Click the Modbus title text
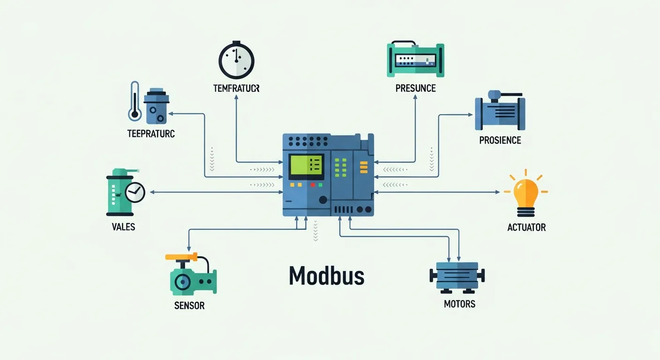pyautogui.click(x=326, y=276)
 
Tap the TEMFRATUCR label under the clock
pyautogui.click(x=236, y=88)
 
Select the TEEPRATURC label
pyautogui.click(x=151, y=134)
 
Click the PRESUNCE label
pyautogui.click(x=415, y=88)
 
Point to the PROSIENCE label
pyautogui.click(x=500, y=140)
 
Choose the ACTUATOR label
pyautogui.click(x=526, y=227)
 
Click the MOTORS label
pyautogui.click(x=459, y=304)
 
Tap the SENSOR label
pyautogui.click(x=189, y=306)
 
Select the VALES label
pyautogui.click(x=123, y=227)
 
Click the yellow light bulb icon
pyautogui.click(x=526, y=193)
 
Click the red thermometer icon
pyautogui.click(x=135, y=102)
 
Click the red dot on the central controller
pyautogui.click(x=313, y=185)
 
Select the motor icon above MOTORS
pyautogui.click(x=457, y=276)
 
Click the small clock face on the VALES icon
pyautogui.click(x=135, y=192)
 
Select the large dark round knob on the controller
pyautogui.click(x=322, y=200)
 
